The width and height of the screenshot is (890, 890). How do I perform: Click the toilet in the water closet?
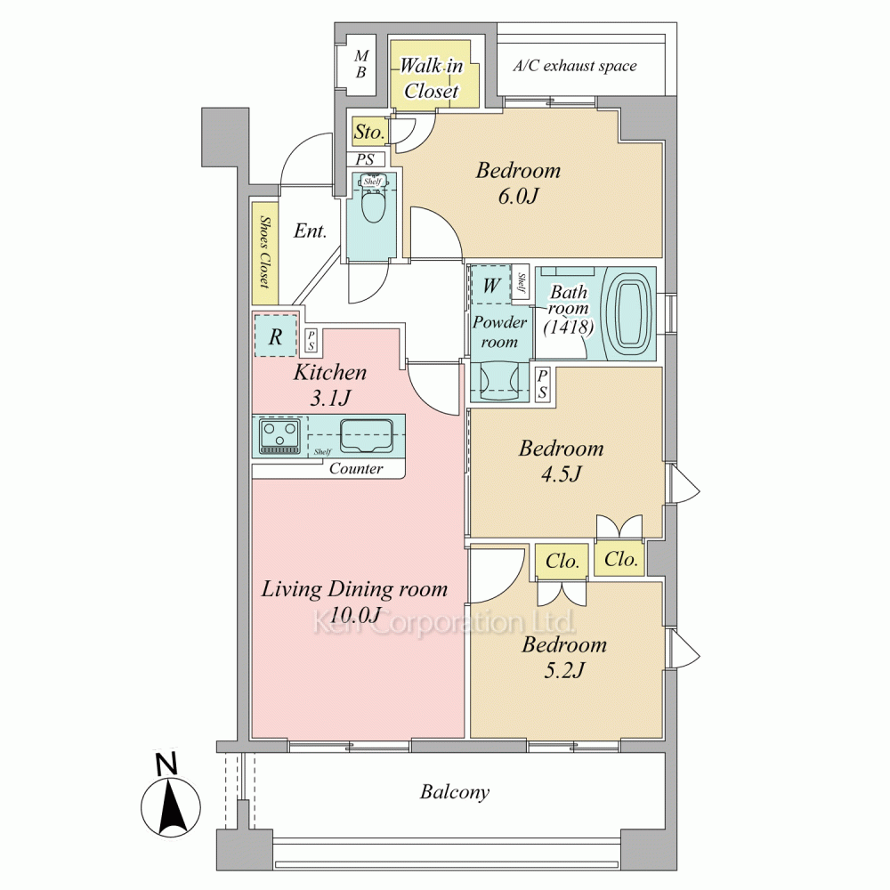click(372, 204)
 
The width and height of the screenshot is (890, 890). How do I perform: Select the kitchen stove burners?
click(279, 435)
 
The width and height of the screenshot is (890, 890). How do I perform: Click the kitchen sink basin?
click(367, 435)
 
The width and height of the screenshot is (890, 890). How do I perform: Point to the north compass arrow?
click(171, 807)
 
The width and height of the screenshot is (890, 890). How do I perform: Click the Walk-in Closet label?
click(432, 78)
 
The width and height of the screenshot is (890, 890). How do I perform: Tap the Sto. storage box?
click(369, 133)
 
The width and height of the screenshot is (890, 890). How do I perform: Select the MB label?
click(361, 64)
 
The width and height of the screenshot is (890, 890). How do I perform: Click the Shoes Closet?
click(265, 253)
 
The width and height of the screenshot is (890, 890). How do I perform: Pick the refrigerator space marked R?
click(276, 336)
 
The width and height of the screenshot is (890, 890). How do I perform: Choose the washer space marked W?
click(491, 285)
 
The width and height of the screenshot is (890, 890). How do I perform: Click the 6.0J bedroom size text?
click(518, 197)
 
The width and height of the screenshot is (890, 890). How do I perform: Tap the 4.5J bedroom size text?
click(562, 474)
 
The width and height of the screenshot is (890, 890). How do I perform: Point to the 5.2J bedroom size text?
click(564, 671)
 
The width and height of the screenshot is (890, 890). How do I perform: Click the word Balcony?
click(455, 792)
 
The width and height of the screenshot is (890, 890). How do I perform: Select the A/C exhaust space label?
click(575, 67)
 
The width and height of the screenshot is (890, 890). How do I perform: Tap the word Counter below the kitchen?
click(356, 468)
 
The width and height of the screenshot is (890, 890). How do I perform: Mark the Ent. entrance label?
click(310, 231)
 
